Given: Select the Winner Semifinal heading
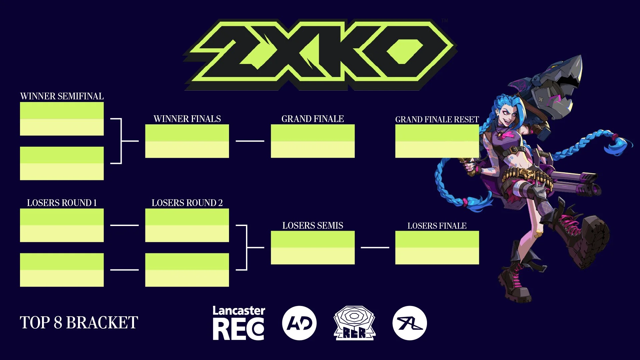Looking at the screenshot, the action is click(x=62, y=96).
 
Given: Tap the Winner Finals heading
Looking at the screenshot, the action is click(x=187, y=119).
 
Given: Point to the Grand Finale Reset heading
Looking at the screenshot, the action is click(x=437, y=119).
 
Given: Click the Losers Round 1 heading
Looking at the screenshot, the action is click(x=62, y=203).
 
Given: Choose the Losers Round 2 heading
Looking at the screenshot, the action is click(x=187, y=203).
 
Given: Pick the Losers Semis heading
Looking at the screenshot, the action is click(x=313, y=226).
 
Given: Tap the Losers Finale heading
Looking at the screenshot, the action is click(x=437, y=226).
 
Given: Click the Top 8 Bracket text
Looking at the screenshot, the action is click(x=79, y=323).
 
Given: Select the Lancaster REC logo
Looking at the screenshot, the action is click(x=239, y=323).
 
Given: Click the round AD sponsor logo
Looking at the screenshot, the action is click(x=299, y=323).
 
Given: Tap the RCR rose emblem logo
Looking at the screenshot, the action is click(x=355, y=323).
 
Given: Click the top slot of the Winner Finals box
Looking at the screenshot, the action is click(x=187, y=133).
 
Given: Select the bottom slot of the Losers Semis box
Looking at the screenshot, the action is click(x=313, y=256).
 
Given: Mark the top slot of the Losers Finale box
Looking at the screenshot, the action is click(x=437, y=239).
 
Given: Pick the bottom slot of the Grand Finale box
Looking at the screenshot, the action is click(x=313, y=149).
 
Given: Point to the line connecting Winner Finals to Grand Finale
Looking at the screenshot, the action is click(x=250, y=141).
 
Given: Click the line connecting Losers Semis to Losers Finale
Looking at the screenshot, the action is click(x=375, y=248).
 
